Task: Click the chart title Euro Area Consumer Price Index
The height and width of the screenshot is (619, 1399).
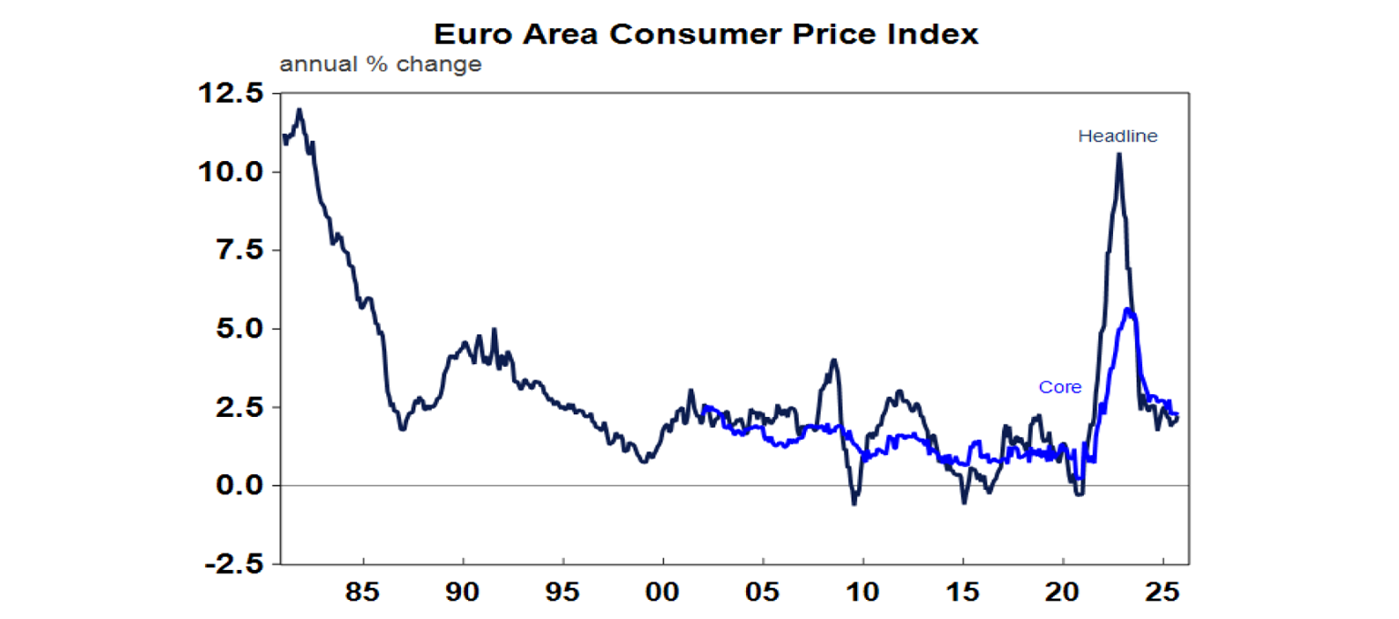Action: (x=706, y=34)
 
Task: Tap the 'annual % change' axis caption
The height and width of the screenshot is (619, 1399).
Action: (x=380, y=66)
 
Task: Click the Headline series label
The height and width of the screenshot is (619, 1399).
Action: (x=1118, y=137)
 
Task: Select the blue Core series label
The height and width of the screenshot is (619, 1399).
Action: (x=1060, y=388)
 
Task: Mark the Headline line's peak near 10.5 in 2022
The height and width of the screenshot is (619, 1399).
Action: (x=1118, y=154)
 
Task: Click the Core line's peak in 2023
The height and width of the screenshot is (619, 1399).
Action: (x=1129, y=309)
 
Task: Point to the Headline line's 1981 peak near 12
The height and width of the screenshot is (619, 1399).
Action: (x=300, y=110)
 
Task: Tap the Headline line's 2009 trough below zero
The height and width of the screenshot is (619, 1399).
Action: (x=853, y=503)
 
